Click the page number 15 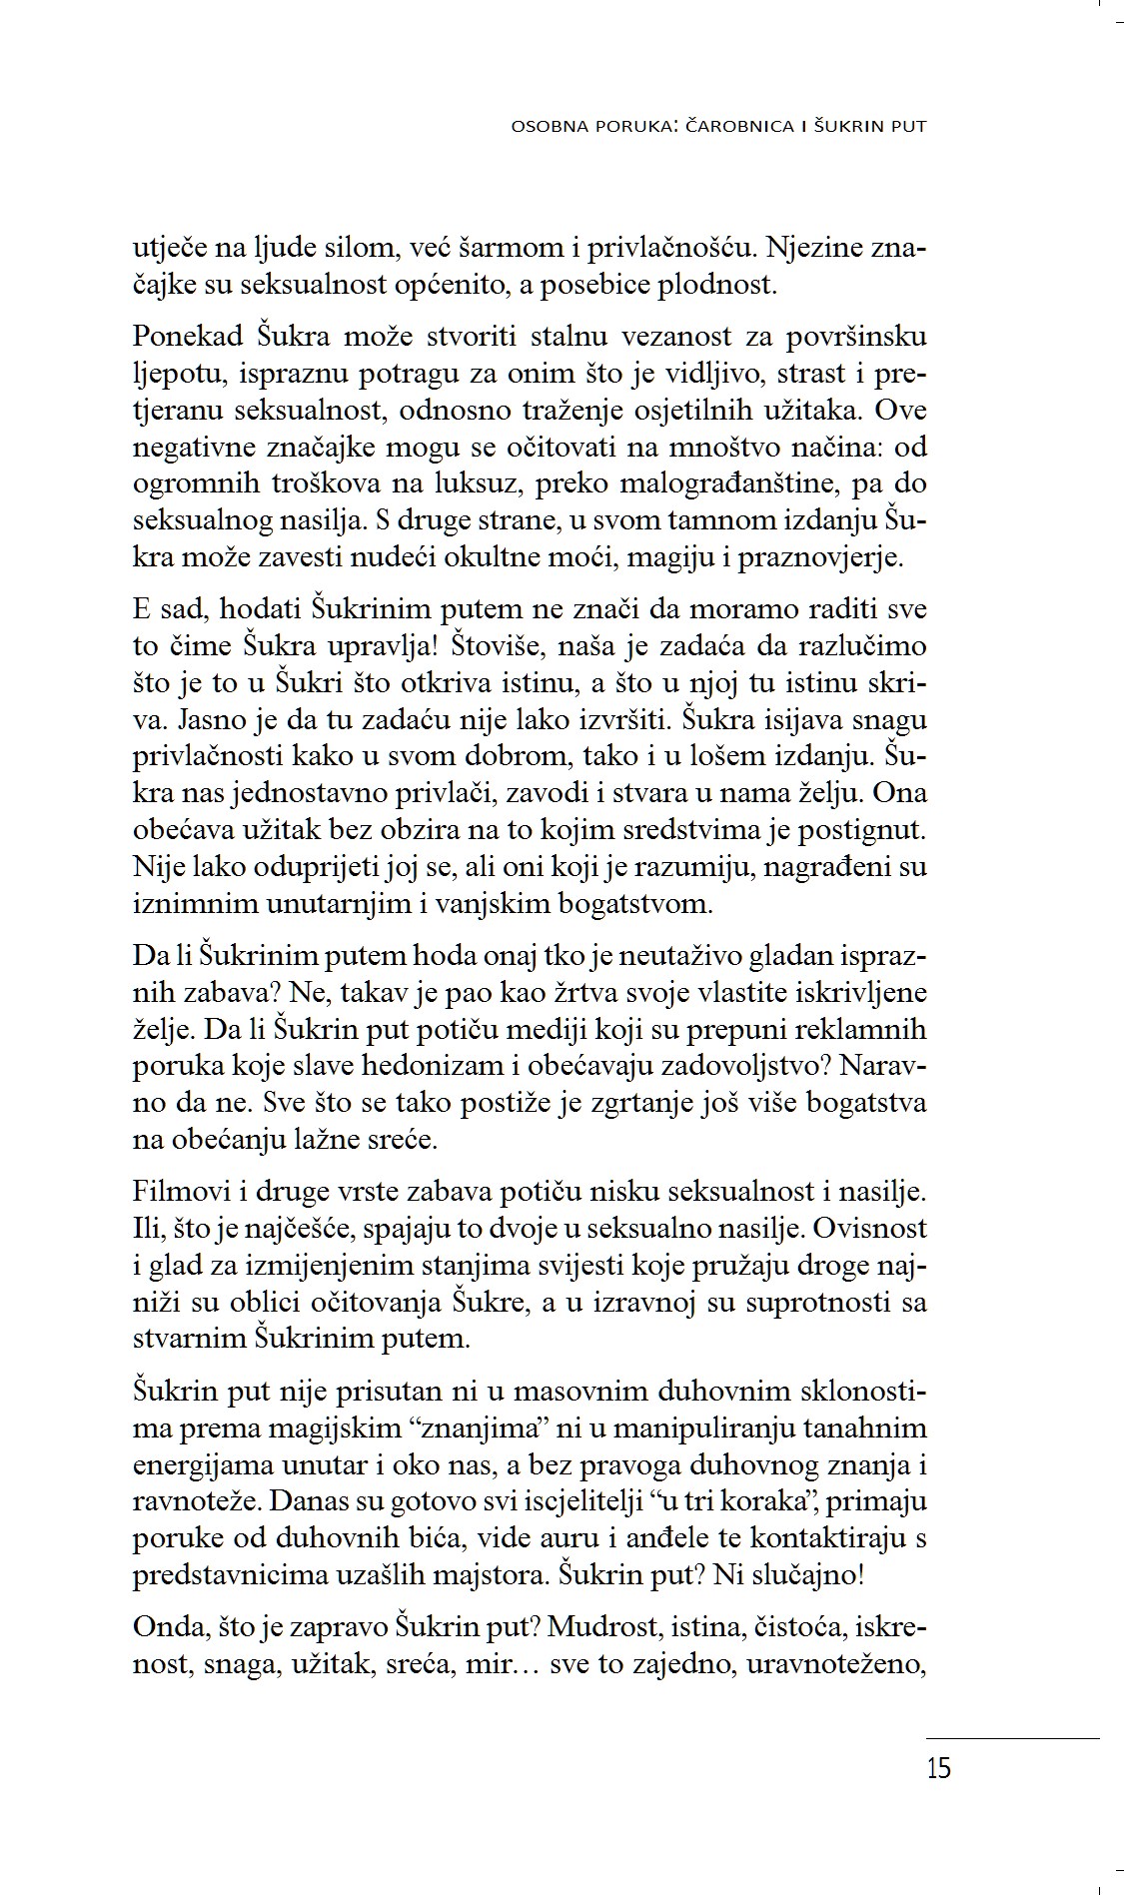tap(938, 1768)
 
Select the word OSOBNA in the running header tap(547, 127)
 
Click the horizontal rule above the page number tap(1011, 1738)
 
